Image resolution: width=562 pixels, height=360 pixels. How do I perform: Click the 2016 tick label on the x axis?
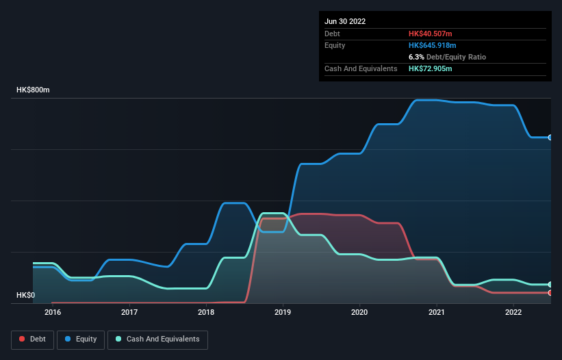click(52, 313)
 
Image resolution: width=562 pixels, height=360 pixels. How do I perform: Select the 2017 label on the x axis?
click(129, 313)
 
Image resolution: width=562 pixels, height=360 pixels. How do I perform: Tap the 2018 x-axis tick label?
click(206, 313)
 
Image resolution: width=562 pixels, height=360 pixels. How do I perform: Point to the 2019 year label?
click(283, 313)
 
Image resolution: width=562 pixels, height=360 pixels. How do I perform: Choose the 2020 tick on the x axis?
click(359, 313)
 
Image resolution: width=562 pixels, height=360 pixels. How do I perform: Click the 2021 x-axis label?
click(437, 313)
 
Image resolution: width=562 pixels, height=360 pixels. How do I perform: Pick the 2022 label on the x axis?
click(513, 313)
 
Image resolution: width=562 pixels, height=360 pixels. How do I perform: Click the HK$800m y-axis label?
click(34, 90)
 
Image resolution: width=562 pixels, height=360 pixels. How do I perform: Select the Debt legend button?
click(32, 339)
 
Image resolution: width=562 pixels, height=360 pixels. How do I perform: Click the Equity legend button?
click(81, 339)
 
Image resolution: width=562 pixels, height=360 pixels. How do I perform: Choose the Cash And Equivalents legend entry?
click(157, 339)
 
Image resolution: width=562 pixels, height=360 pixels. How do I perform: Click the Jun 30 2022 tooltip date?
click(345, 21)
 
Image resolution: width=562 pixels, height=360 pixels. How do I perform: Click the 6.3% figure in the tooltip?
click(417, 57)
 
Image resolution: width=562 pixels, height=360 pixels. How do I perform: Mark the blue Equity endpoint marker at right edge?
click(550, 138)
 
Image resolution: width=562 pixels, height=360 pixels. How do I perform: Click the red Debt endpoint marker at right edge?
click(550, 293)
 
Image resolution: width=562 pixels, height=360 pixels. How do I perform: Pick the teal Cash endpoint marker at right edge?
click(550, 285)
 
